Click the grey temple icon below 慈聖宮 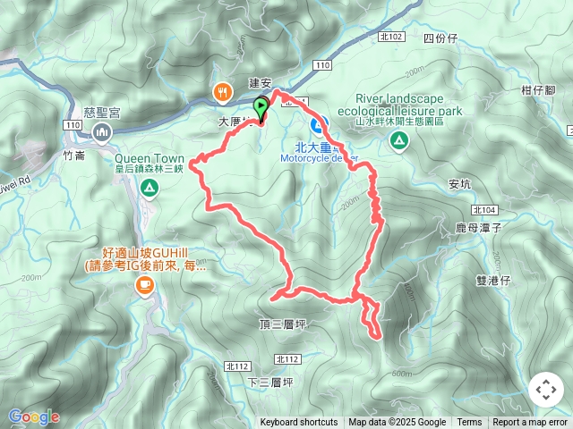point(100,132)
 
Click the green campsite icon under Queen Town point(149,188)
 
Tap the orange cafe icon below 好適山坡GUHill point(143,285)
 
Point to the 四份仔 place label point(440,38)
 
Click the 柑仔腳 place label point(539,90)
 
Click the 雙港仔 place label point(492,280)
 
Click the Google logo point(34,416)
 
